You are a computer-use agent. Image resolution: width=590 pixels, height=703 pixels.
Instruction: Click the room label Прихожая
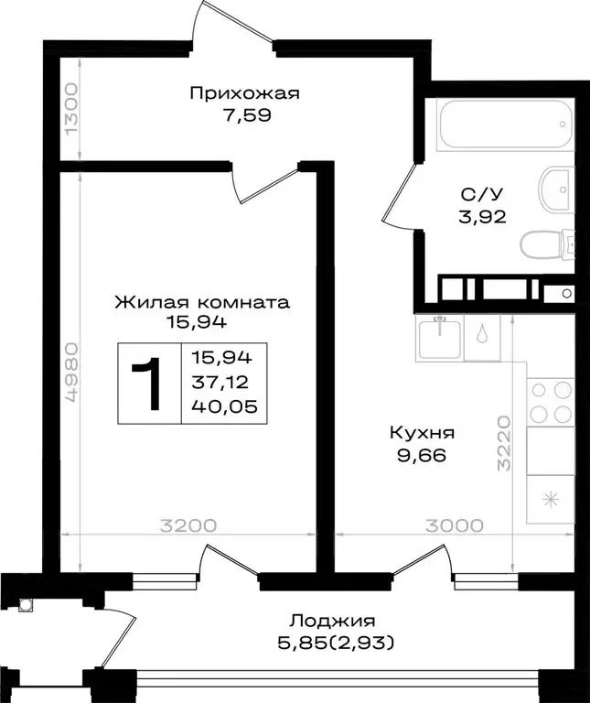click(x=244, y=93)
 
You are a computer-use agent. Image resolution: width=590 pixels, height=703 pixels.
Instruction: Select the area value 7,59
click(x=244, y=116)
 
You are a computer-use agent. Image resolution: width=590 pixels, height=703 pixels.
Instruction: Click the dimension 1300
click(x=72, y=108)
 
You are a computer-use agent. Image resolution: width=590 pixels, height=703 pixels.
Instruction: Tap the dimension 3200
click(x=188, y=525)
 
